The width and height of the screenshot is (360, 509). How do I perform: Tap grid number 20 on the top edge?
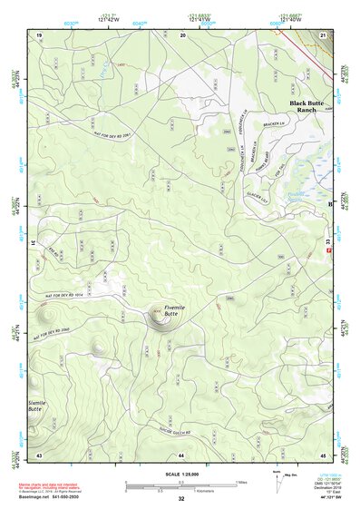tap(183, 34)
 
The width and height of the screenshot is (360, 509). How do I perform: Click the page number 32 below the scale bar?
tap(181, 499)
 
